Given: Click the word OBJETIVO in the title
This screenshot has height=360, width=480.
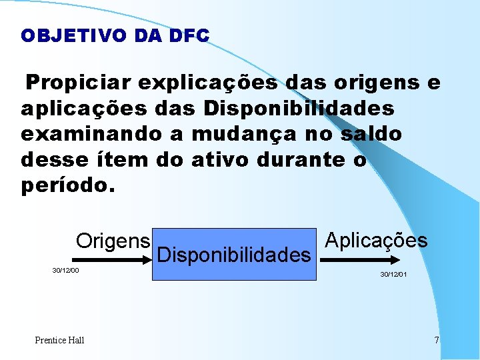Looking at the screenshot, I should pos(73,35).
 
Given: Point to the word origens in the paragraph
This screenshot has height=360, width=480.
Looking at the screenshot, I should pos(371,83).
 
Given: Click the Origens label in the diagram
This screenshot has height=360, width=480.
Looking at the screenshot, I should pos(113,241).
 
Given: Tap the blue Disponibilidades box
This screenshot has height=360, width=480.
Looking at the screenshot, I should pos(235,255).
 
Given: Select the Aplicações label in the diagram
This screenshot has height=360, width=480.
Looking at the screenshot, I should pos(376,241).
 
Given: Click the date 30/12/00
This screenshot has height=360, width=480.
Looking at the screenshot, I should pos(65,271).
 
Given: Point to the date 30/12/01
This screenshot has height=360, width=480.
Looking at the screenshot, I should pos(393,275).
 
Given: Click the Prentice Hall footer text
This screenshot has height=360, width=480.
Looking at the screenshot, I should pos(59,340).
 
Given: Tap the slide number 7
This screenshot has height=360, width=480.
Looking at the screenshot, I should pos(437,340).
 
